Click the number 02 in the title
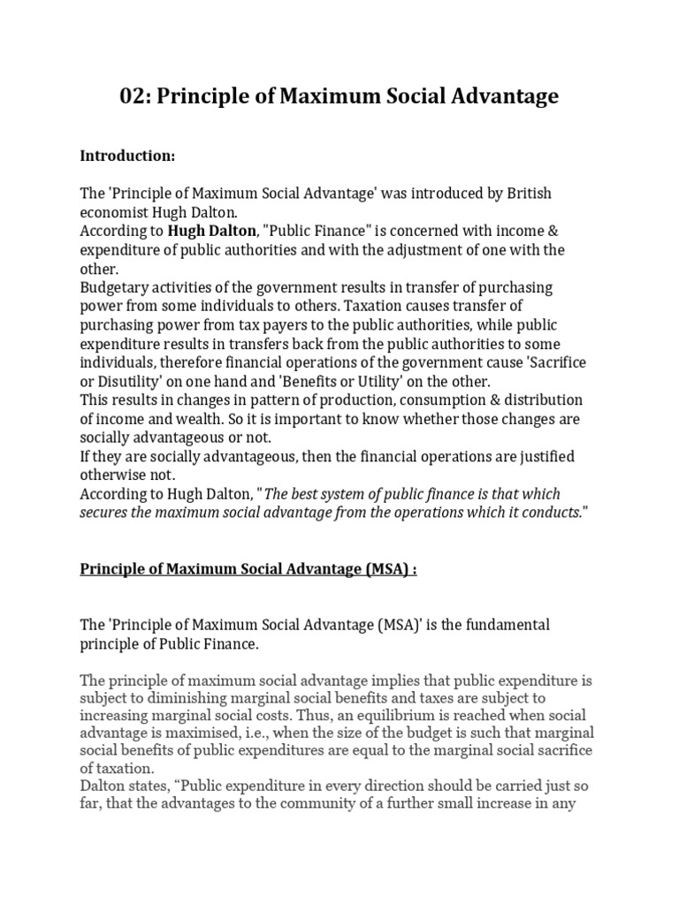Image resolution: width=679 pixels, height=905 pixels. pos(134,96)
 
